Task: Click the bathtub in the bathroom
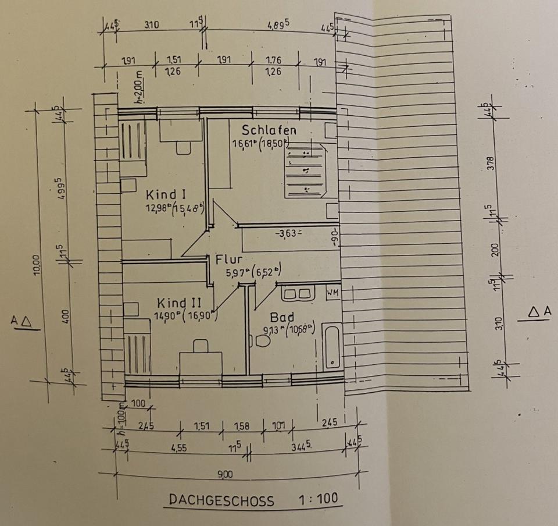pos(332,347)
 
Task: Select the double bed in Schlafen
pos(306,172)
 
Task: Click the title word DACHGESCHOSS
pos(221,500)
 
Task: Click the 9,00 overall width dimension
pos(225,475)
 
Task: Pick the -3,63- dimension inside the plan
pos(289,233)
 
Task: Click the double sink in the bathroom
pos(298,293)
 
